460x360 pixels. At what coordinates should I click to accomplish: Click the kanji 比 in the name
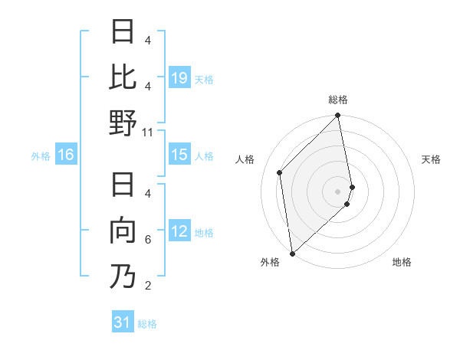[x=123, y=77]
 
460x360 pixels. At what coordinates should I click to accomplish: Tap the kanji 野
[x=123, y=123]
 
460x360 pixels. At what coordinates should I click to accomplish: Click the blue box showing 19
[x=179, y=77]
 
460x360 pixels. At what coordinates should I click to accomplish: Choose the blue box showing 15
[x=179, y=155]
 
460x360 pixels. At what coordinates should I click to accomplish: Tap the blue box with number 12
[x=179, y=231]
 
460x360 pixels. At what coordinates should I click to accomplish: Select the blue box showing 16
[x=66, y=155]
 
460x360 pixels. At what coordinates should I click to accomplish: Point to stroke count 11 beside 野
[x=148, y=132]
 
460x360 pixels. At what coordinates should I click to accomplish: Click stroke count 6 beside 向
[x=148, y=240]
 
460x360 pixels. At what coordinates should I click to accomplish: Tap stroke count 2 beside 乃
[x=148, y=286]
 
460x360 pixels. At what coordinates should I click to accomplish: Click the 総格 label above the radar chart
[x=338, y=100]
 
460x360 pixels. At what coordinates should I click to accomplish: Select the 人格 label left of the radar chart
[x=245, y=159]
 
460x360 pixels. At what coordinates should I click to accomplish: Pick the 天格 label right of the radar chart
[x=431, y=159]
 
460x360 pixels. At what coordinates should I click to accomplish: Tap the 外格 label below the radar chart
[x=270, y=262]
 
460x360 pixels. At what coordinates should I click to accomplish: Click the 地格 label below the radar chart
[x=402, y=262]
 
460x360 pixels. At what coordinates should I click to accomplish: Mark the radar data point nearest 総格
[x=338, y=116]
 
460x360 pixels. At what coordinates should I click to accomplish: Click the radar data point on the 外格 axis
[x=292, y=253]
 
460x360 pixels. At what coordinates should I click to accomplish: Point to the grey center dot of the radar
[x=338, y=191]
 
